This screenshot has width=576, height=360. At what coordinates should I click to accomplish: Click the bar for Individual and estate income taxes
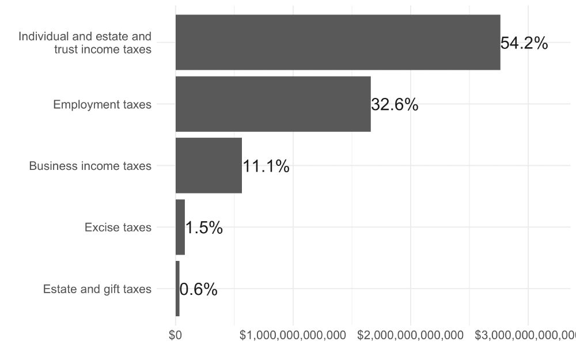[338, 42]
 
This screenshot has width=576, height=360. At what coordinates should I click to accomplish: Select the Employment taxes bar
[273, 104]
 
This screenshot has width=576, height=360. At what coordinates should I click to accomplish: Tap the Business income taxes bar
[209, 165]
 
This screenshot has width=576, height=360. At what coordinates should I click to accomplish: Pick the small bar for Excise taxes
[180, 227]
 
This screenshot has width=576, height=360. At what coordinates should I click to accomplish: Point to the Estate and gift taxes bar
[177, 289]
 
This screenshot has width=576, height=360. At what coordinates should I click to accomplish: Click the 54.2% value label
[524, 43]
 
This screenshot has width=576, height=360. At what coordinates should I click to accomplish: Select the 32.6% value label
[395, 105]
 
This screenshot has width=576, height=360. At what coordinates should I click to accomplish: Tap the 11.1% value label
[266, 166]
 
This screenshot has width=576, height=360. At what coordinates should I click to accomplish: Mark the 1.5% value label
[204, 228]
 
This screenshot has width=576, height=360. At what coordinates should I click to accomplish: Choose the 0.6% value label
[199, 290]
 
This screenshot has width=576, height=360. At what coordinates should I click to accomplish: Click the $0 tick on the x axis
[176, 335]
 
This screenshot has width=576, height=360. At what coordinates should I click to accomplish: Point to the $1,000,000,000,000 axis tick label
[293, 335]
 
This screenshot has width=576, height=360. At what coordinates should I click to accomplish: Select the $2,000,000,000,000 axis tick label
[410, 335]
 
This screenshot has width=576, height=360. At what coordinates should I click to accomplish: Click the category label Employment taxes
[102, 104]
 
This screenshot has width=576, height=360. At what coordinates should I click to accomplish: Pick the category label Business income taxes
[90, 166]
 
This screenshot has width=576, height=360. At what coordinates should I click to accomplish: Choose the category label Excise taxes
[118, 228]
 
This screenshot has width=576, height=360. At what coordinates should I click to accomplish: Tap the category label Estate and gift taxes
[97, 289]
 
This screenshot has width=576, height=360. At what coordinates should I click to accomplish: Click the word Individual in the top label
[43, 37]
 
